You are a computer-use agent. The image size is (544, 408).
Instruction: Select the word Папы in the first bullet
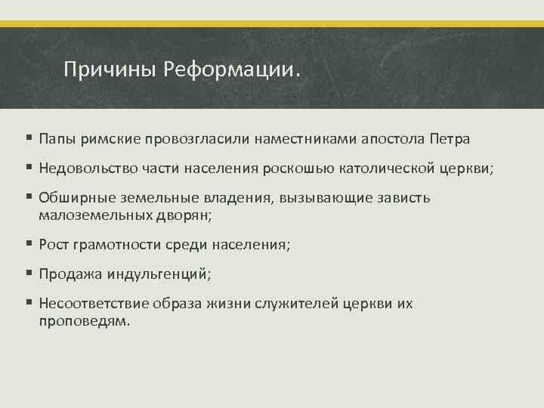(56, 139)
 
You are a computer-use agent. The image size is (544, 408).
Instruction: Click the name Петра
(450, 139)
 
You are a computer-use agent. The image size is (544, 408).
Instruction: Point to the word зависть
(403, 198)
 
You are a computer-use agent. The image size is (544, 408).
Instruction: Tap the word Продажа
(69, 274)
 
